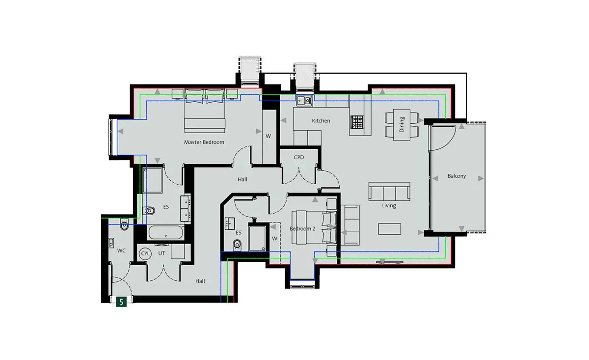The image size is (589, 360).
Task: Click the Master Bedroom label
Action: pos(204,142)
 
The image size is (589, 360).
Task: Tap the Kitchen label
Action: pos(321,121)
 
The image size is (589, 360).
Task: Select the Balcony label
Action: pos(456,176)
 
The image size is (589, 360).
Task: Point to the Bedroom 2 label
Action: pos(302,229)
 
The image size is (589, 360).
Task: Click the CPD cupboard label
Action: pos(299,157)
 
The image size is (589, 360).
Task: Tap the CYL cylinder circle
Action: pos(145,253)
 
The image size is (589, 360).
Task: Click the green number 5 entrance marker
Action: pos(121,302)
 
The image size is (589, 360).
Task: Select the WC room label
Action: pos(121,251)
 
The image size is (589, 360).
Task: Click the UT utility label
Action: pos(161,253)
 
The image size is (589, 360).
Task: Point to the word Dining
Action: pos(402,124)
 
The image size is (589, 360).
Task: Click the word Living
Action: pos(389,205)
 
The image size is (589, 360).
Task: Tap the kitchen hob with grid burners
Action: pos(357,122)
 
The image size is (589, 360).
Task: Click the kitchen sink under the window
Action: pos(304,101)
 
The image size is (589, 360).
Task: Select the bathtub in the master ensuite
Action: pos(165,233)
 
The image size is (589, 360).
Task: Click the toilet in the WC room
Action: pos(124,224)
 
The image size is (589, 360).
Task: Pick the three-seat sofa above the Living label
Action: pos(389,192)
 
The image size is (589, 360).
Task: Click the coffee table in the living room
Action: pos(390,229)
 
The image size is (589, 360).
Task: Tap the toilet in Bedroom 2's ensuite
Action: pos(237,245)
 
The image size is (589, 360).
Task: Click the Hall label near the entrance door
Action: pos(200,281)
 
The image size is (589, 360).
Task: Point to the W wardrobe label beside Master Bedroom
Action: pos(268,137)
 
